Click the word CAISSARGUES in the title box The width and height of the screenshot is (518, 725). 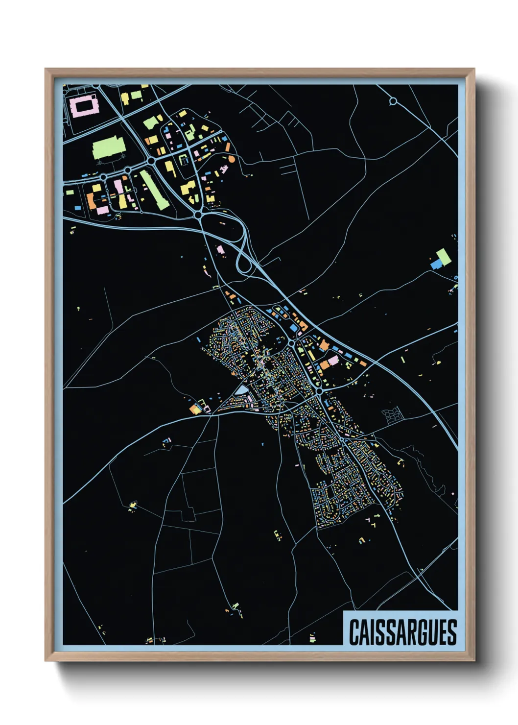[402, 632]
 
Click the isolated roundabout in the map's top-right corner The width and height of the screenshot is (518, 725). [393, 101]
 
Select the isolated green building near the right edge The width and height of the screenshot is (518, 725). [444, 256]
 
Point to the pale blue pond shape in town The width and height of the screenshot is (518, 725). [242, 390]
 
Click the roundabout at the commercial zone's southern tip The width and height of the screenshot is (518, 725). [198, 215]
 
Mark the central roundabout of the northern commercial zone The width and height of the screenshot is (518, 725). [152, 160]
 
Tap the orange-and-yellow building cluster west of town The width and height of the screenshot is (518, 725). [196, 408]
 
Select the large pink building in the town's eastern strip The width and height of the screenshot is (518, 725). [333, 361]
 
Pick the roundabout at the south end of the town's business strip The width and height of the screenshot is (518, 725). [319, 392]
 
